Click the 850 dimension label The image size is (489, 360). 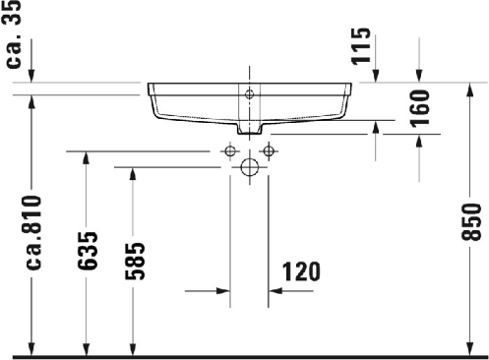tap(471, 221)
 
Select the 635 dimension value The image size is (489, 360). tap(88, 251)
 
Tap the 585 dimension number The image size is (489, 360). tap(135, 262)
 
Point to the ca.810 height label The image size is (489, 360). tap(33, 233)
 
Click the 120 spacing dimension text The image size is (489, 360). tap(301, 271)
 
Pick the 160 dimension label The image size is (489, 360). tap(420, 108)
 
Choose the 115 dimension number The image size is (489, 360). tap(361, 46)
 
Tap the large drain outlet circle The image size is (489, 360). tap(250, 167)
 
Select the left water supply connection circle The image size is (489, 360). tap(230, 151)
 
